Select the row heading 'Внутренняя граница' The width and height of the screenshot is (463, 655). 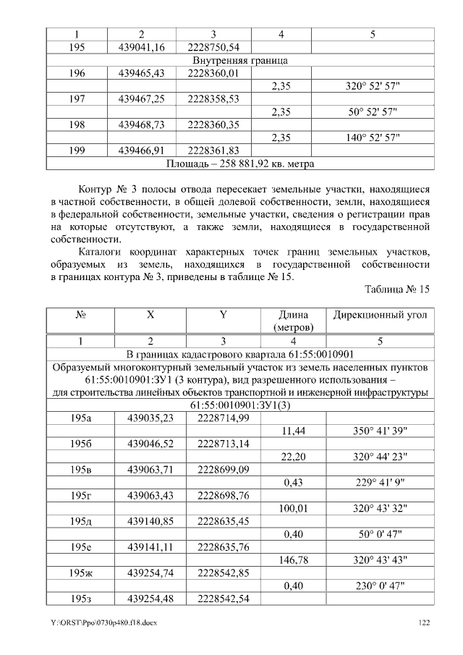pos(240,60)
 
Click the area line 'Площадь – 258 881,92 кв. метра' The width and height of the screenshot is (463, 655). pos(240,164)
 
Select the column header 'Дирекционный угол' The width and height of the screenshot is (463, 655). pos(379,316)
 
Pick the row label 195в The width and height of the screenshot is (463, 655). pos(81,470)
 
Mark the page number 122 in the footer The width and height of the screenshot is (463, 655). pos(425,622)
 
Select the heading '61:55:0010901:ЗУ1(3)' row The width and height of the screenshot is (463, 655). pos(240,405)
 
